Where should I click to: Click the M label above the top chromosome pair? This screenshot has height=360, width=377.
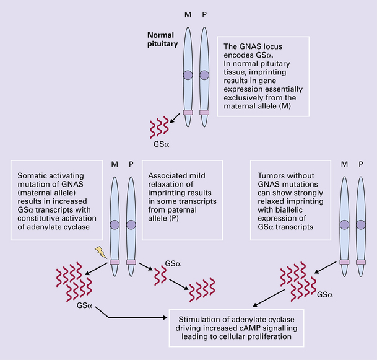(188, 14)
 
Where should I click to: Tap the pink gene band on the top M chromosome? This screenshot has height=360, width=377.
(188, 112)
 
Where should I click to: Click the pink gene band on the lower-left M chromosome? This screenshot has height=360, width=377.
(115, 262)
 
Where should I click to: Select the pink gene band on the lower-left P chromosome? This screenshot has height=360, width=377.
(131, 262)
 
